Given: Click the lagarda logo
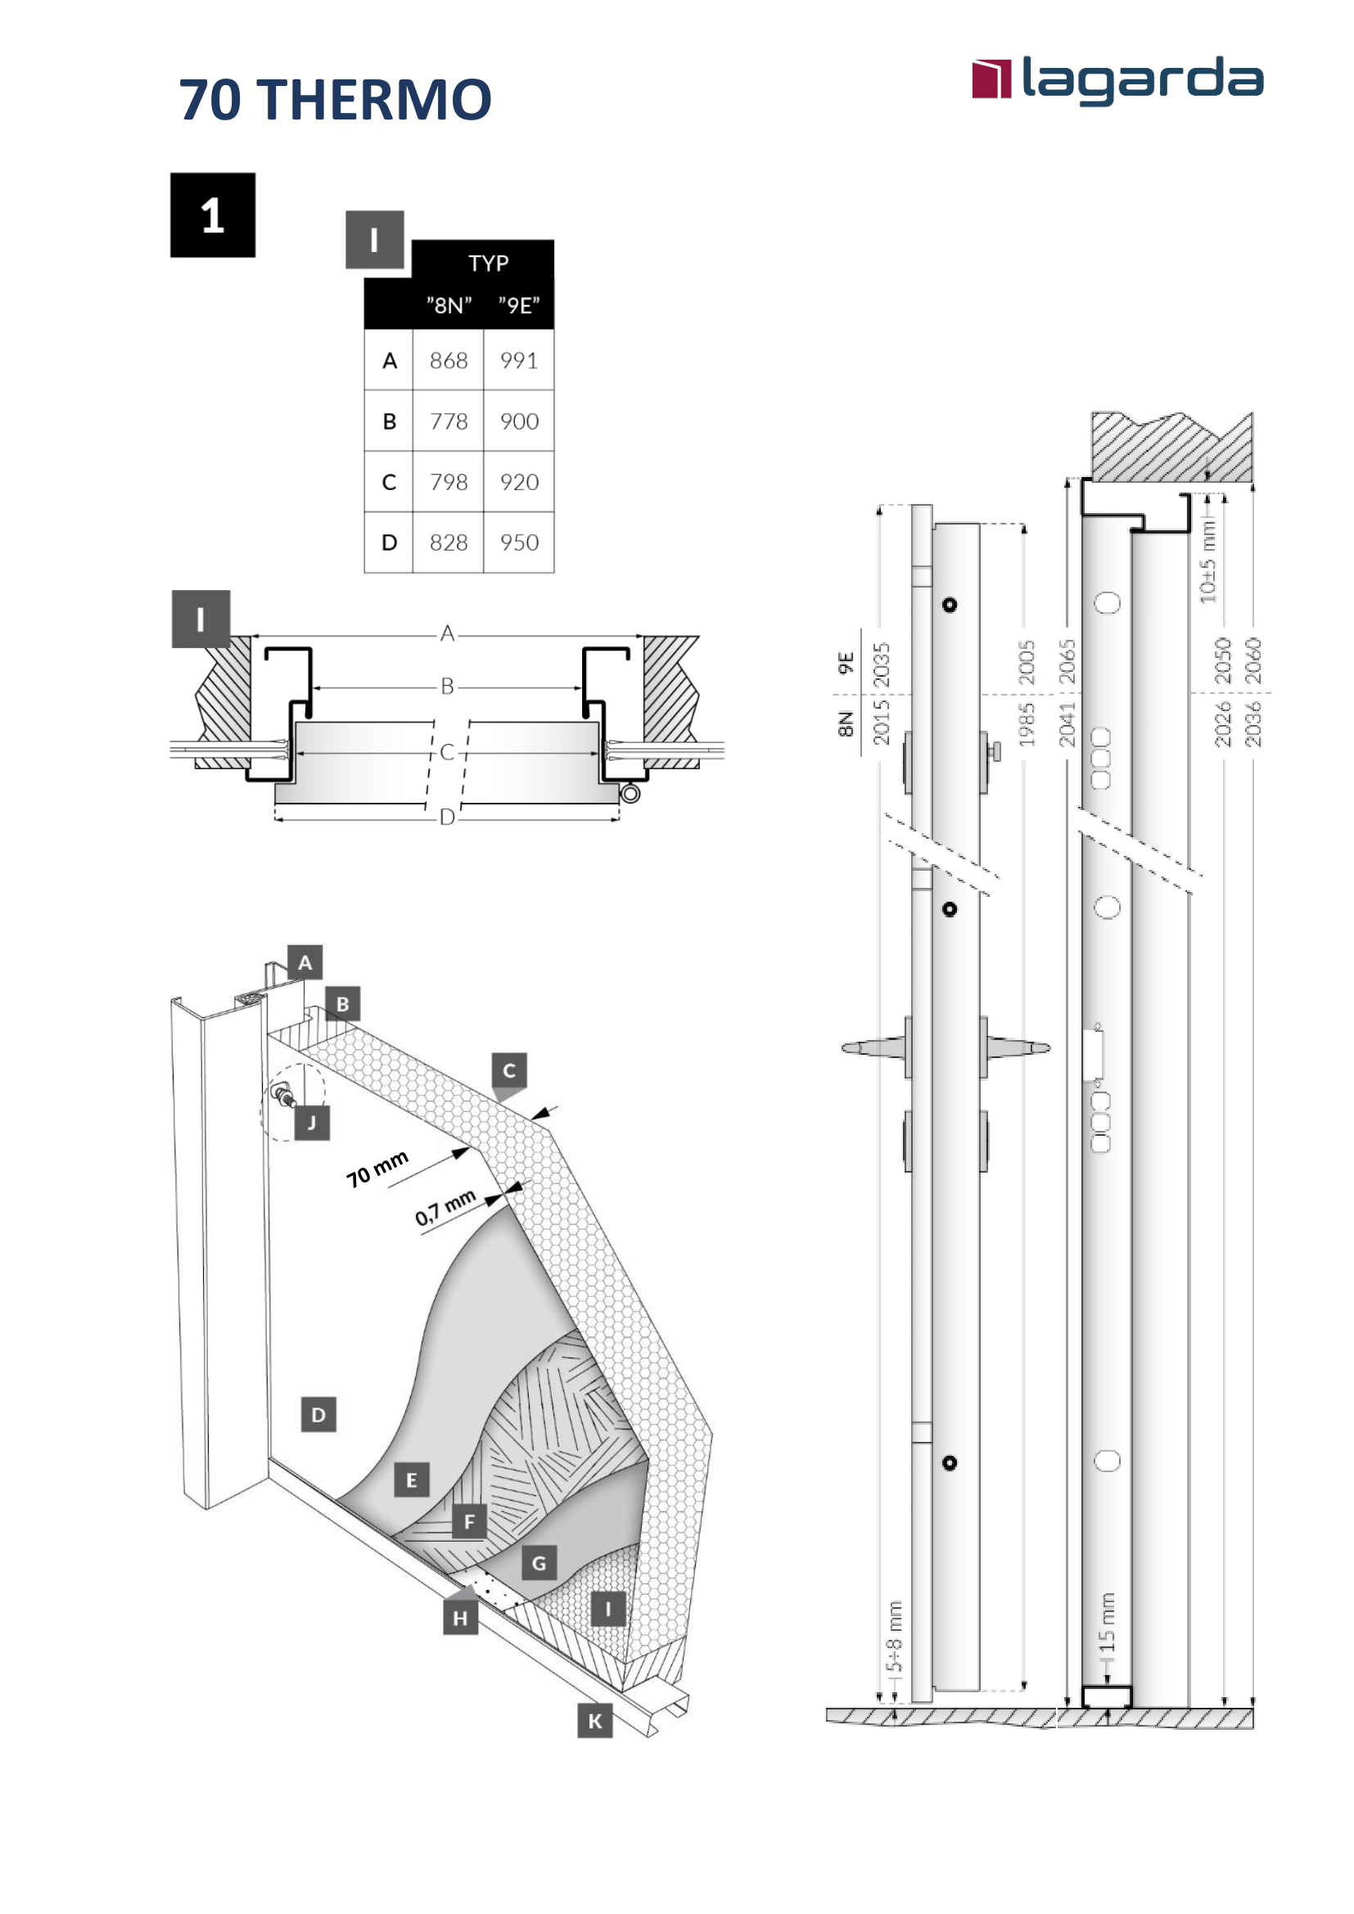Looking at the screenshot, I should click(x=1117, y=80).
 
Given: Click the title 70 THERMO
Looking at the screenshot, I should click(x=335, y=100).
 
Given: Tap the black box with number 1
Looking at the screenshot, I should click(x=213, y=215).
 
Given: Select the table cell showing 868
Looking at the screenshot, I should click(x=449, y=360).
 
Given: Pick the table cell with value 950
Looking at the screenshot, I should click(x=518, y=543).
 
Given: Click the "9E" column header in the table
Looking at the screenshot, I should click(x=518, y=305).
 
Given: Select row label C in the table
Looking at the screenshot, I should click(x=389, y=482).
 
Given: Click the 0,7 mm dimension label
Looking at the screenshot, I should click(x=445, y=1207).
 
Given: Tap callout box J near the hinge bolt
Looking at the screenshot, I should click(x=312, y=1123).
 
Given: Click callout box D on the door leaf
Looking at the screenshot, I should click(x=318, y=1415).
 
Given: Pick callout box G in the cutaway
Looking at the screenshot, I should click(x=539, y=1564).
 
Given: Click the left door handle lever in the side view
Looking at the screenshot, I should click(x=871, y=1048).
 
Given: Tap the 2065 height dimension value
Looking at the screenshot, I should click(x=1067, y=661).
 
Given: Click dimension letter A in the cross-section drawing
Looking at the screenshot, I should click(x=448, y=633).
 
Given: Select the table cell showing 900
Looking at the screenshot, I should click(x=518, y=421).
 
